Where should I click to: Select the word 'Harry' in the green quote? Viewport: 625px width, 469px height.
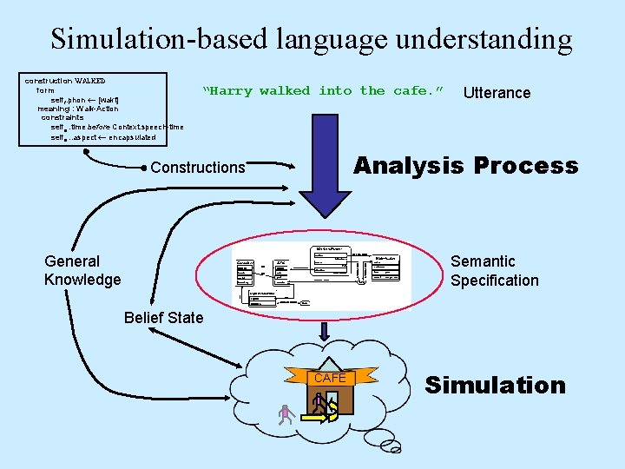pyautogui.click(x=231, y=91)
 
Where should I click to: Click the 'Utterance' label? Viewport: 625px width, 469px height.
pyautogui.click(x=497, y=93)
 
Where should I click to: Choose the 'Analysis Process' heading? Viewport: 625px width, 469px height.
pyautogui.click(x=465, y=165)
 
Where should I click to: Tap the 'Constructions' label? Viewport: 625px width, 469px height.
pyautogui.click(x=198, y=168)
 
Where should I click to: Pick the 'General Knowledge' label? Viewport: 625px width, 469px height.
pyautogui.click(x=82, y=270)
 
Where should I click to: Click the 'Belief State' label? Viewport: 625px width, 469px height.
pyautogui.click(x=163, y=318)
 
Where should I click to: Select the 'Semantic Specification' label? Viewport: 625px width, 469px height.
pyautogui.click(x=494, y=270)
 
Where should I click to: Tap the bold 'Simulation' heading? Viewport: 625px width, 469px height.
pyautogui.click(x=495, y=385)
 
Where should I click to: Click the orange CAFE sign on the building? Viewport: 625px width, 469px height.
pyautogui.click(x=330, y=379)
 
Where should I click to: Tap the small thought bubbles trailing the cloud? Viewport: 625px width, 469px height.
pyautogui.click(x=392, y=443)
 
